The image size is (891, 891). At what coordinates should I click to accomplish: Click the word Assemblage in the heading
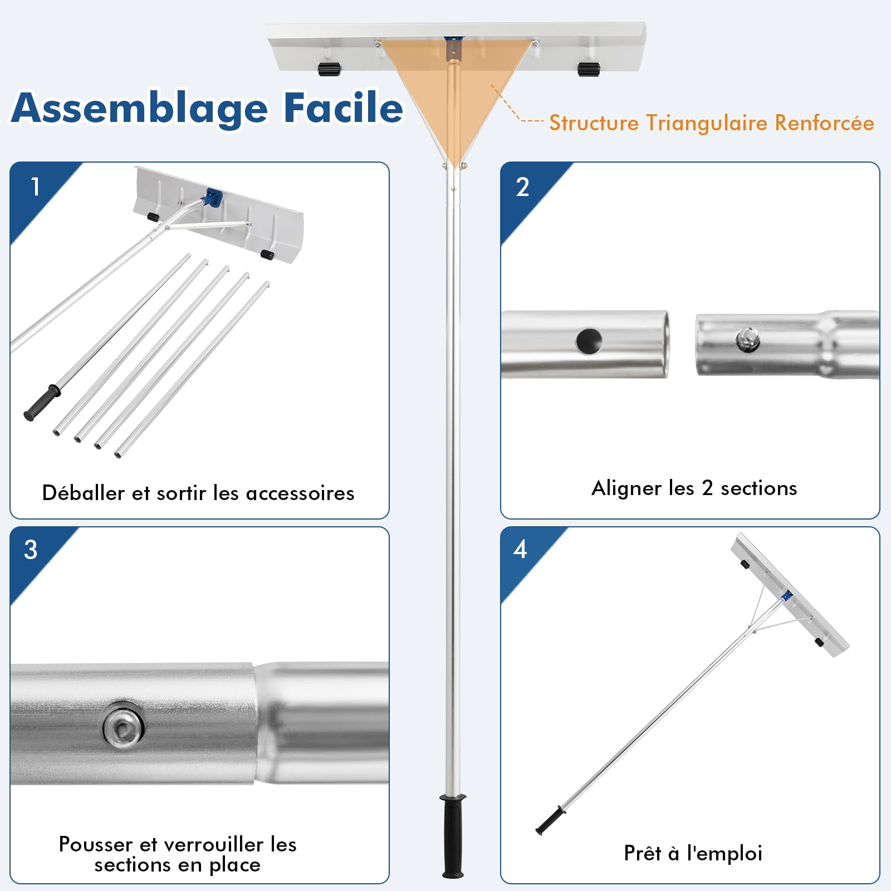140,109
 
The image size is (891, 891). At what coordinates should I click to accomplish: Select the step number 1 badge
36,187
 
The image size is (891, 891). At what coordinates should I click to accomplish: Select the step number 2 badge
522,187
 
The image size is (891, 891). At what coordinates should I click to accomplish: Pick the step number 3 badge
31,550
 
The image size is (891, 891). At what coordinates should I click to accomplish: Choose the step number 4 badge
520,549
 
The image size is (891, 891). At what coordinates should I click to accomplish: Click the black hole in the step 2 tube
589,341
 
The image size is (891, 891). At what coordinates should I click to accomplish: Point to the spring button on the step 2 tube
748,339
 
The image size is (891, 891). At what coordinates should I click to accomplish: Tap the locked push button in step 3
123,724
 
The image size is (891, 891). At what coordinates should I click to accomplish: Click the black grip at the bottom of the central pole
453,835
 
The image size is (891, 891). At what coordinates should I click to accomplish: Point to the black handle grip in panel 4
550,820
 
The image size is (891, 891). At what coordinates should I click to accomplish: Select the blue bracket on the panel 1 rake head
213,198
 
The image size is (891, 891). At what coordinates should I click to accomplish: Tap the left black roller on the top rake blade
330,69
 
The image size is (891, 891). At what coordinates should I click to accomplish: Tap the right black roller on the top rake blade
589,69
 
